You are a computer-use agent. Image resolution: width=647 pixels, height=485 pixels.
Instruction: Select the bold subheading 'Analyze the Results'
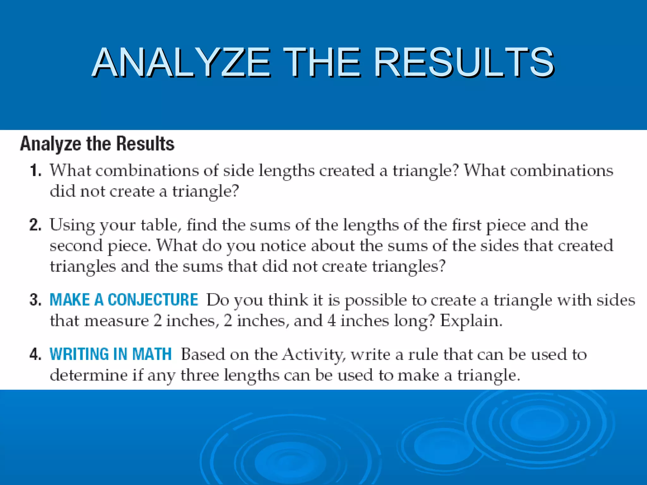pyautogui.click(x=97, y=144)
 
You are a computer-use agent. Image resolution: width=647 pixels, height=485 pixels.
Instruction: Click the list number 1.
pyautogui.click(x=35, y=171)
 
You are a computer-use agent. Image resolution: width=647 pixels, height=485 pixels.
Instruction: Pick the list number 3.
pyautogui.click(x=35, y=300)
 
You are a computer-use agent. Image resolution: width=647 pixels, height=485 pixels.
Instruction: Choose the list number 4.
pyautogui.click(x=35, y=354)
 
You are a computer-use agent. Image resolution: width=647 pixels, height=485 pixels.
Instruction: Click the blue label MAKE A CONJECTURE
pyautogui.click(x=124, y=300)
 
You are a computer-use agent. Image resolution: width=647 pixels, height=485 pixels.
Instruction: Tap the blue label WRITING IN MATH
pyautogui.click(x=111, y=354)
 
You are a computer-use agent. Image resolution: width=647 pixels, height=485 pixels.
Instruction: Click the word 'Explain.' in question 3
pyautogui.click(x=471, y=321)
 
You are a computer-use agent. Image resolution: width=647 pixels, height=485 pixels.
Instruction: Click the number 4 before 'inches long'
pyautogui.click(x=331, y=321)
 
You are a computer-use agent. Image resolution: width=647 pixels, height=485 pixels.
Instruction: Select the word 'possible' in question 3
pyautogui.click(x=376, y=301)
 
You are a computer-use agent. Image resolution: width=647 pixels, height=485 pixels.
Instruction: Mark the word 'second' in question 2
pyautogui.click(x=76, y=246)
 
